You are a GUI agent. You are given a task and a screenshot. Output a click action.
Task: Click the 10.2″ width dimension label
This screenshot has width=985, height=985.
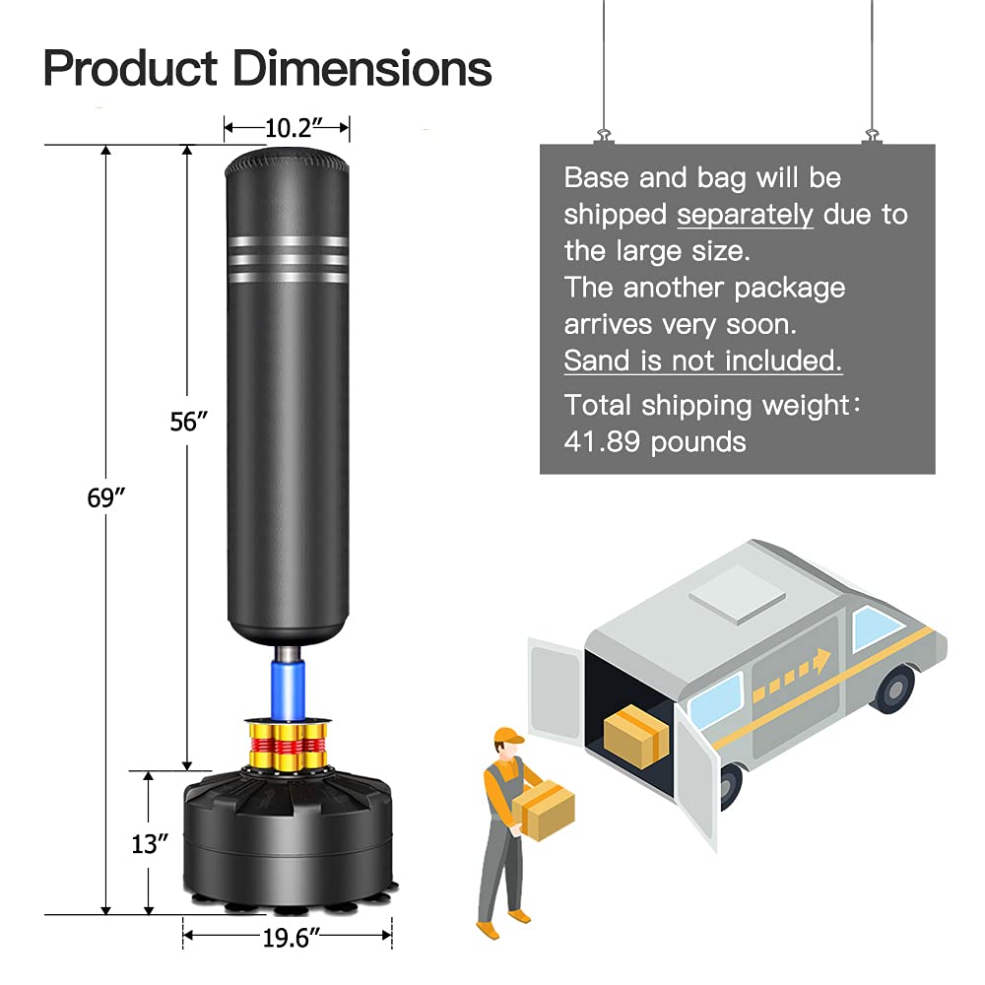pos(287,127)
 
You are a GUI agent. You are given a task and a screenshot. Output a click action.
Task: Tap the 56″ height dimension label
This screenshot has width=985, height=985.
pos(188,421)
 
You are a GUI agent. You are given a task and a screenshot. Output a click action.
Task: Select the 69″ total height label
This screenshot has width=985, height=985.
pos(106,497)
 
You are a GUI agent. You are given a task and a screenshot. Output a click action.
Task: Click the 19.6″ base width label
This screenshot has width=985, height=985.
pos(287,939)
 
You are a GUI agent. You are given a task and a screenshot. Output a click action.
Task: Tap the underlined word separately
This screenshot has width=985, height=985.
pos(745,214)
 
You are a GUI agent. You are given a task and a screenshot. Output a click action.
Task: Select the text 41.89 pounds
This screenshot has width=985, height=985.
pos(655,441)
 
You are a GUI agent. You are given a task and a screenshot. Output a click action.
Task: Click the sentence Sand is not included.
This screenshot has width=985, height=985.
pos(703,361)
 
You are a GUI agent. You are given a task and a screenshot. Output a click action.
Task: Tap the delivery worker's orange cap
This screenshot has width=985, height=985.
pos(507,736)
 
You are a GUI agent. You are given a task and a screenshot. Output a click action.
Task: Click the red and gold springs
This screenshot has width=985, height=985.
pos(287,749)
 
